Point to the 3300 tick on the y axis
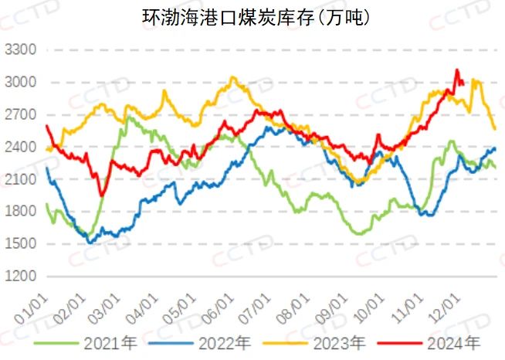[x=21, y=50]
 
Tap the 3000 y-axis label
[x=21, y=83]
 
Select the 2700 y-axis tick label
[x=21, y=115]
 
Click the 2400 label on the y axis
[x=21, y=147]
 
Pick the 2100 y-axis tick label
[x=21, y=179]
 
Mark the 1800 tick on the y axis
[x=21, y=212]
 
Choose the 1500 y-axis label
[x=21, y=244]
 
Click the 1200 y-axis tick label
[x=21, y=276]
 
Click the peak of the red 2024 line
[x=457, y=70]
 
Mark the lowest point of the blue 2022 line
[x=92, y=243]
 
